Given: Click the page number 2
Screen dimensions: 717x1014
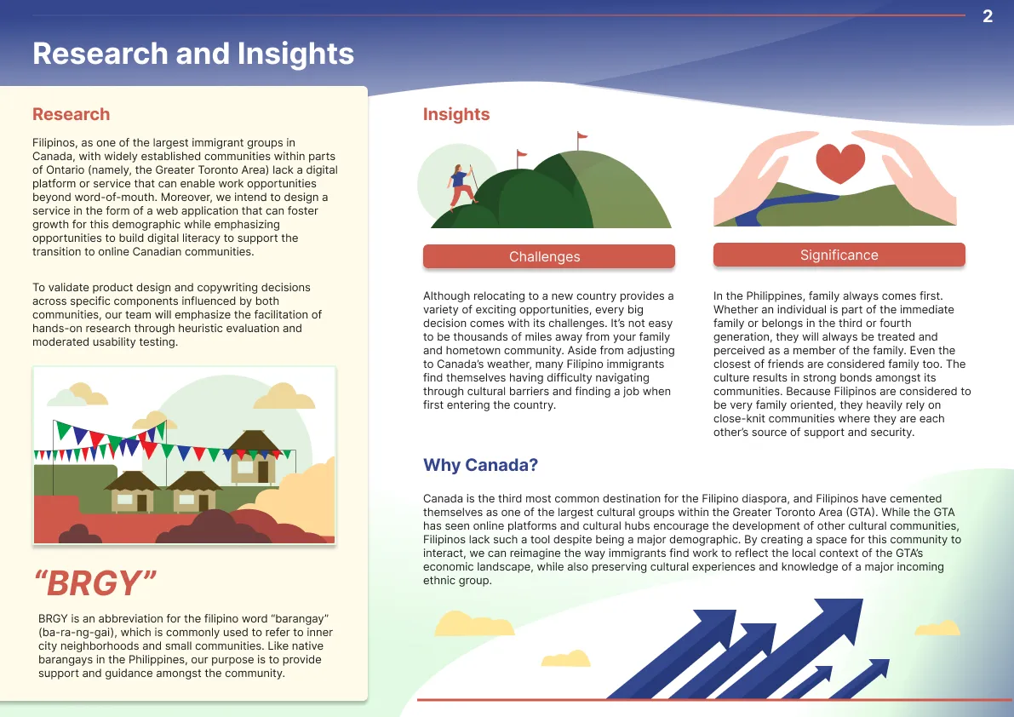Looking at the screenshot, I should coord(988,16).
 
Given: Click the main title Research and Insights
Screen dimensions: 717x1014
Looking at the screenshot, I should coord(193,54).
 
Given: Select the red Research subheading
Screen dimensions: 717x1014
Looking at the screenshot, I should coord(71,115).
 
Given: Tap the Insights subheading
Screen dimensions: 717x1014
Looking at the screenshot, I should coord(456,115).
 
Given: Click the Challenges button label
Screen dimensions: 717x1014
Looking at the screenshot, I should coord(545,257).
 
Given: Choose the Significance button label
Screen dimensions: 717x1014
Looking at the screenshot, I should coord(839,255).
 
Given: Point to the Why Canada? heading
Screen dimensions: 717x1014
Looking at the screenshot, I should coord(480,466).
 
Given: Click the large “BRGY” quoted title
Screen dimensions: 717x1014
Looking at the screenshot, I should coord(95,583).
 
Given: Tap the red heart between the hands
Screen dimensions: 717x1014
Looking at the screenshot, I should coord(840,162).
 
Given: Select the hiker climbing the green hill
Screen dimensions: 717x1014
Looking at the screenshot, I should coord(461,184).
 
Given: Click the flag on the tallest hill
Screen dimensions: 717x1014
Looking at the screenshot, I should coord(581,137).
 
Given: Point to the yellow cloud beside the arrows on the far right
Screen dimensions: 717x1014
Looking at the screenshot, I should coord(937,628).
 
